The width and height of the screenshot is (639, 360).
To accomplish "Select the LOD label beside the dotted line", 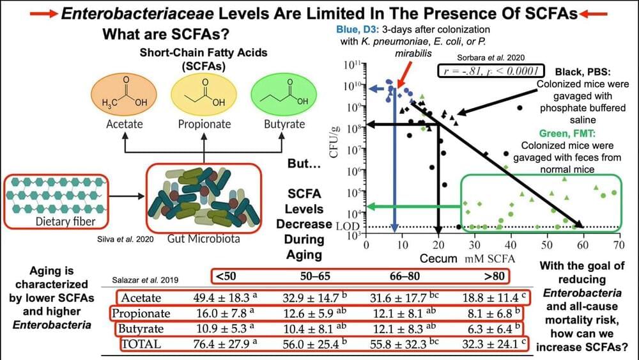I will pyautogui.click(x=343, y=226).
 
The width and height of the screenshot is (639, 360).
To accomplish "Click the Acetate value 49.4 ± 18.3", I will pyautogui.click(x=221, y=297).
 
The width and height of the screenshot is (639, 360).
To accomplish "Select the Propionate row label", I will pyautogui.click(x=141, y=314).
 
